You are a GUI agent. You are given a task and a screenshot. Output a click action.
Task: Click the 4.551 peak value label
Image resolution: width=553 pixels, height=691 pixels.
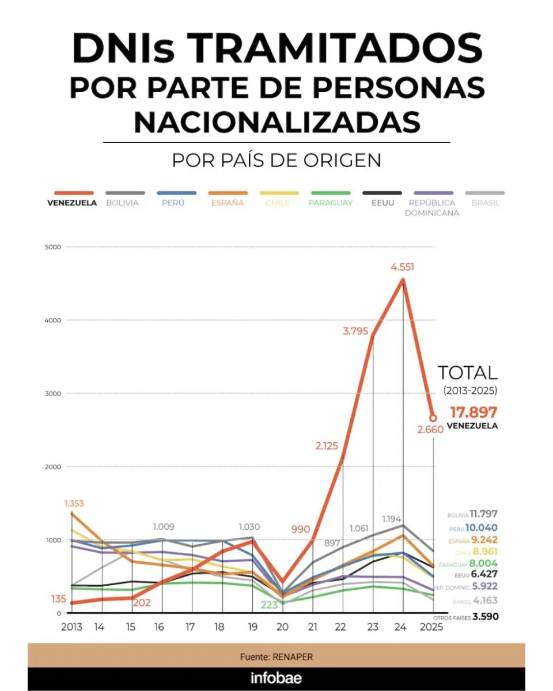pyautogui.click(x=402, y=267)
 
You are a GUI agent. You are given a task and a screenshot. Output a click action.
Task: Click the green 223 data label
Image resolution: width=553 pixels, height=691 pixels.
pyautogui.click(x=270, y=605)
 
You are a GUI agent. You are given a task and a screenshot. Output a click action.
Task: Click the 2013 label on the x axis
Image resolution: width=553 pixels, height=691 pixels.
pyautogui.click(x=71, y=627)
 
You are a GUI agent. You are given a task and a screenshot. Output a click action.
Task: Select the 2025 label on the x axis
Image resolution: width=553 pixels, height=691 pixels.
pyautogui.click(x=431, y=627)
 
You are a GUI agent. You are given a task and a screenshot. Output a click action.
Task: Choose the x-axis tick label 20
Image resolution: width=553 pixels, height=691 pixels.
pyautogui.click(x=281, y=627)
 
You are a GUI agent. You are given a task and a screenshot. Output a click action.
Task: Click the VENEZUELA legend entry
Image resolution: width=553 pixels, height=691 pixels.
pyautogui.click(x=72, y=203)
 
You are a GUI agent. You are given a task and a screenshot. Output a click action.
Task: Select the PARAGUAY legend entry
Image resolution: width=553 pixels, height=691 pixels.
pyautogui.click(x=330, y=203)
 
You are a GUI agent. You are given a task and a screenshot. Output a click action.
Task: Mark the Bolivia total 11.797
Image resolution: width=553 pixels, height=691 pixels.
pyautogui.click(x=483, y=514)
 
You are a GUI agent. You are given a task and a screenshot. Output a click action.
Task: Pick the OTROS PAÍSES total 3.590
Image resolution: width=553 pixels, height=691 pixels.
pyautogui.click(x=484, y=617)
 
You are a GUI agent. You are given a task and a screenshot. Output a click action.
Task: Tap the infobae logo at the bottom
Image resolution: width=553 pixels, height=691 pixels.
pyautogui.click(x=276, y=678)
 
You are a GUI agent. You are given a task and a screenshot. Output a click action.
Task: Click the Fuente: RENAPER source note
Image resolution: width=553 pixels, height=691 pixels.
pyautogui.click(x=276, y=657)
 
